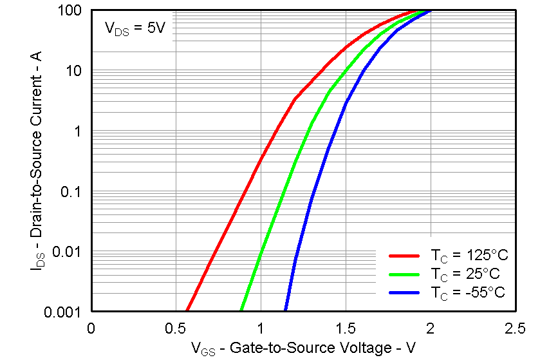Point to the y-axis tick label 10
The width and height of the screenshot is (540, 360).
click(x=73, y=71)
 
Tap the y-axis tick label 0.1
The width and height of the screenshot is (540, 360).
click(x=71, y=191)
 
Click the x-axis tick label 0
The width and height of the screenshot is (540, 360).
click(x=91, y=329)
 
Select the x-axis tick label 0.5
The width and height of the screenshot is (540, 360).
click(x=176, y=329)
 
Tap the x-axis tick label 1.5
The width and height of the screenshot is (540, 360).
click(x=346, y=329)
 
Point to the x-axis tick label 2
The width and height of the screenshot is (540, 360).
click(x=431, y=329)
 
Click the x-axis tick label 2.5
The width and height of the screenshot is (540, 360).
click(x=515, y=329)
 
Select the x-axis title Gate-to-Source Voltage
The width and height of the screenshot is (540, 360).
click(x=303, y=349)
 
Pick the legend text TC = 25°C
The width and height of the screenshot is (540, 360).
click(x=465, y=274)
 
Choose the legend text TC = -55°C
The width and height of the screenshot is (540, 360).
click(x=467, y=292)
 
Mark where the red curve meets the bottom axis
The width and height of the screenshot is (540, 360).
click(x=187, y=310)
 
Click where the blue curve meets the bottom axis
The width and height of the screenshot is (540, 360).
click(x=286, y=310)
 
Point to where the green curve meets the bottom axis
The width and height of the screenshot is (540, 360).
click(x=241, y=310)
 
